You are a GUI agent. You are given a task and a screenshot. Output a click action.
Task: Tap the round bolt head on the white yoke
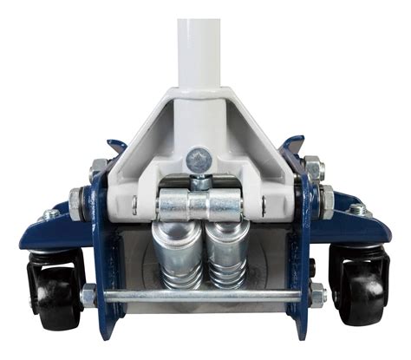point(198,159)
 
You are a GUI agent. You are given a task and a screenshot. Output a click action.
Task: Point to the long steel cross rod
point(199,296)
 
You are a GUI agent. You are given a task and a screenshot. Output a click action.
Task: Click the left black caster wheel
point(54,286)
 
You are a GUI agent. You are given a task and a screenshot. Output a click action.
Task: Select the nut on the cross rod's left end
point(88,295)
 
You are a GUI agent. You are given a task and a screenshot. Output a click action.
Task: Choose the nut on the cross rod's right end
point(316,296)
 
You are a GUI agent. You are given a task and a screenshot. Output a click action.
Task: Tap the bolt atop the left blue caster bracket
point(50,213)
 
